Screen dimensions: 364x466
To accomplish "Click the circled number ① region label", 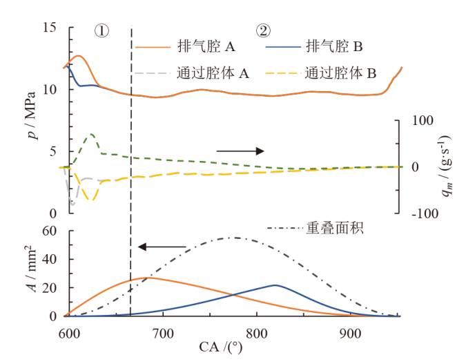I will (x=102, y=31).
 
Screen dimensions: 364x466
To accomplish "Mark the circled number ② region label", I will (x=263, y=31).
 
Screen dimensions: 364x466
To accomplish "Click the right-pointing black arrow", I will (x=240, y=151).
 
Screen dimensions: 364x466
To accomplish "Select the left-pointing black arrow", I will (x=162, y=247).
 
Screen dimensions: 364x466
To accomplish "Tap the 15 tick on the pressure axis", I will (x=49, y=28).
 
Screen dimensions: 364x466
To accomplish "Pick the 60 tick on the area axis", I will (x=49, y=231).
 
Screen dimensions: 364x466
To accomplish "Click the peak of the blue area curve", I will (x=275, y=285).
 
